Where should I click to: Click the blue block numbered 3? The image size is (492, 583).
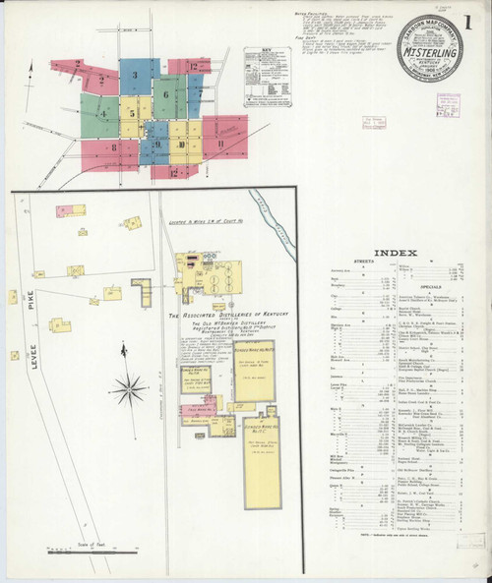pos(134,75)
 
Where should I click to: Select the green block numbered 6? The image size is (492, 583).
pos(167,96)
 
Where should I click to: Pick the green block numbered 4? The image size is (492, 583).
pos(101,113)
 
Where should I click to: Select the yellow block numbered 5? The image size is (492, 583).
pos(132,112)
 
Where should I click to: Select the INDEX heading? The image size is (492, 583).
pos(403,245)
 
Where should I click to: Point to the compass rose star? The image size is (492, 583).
pos(128,389)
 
